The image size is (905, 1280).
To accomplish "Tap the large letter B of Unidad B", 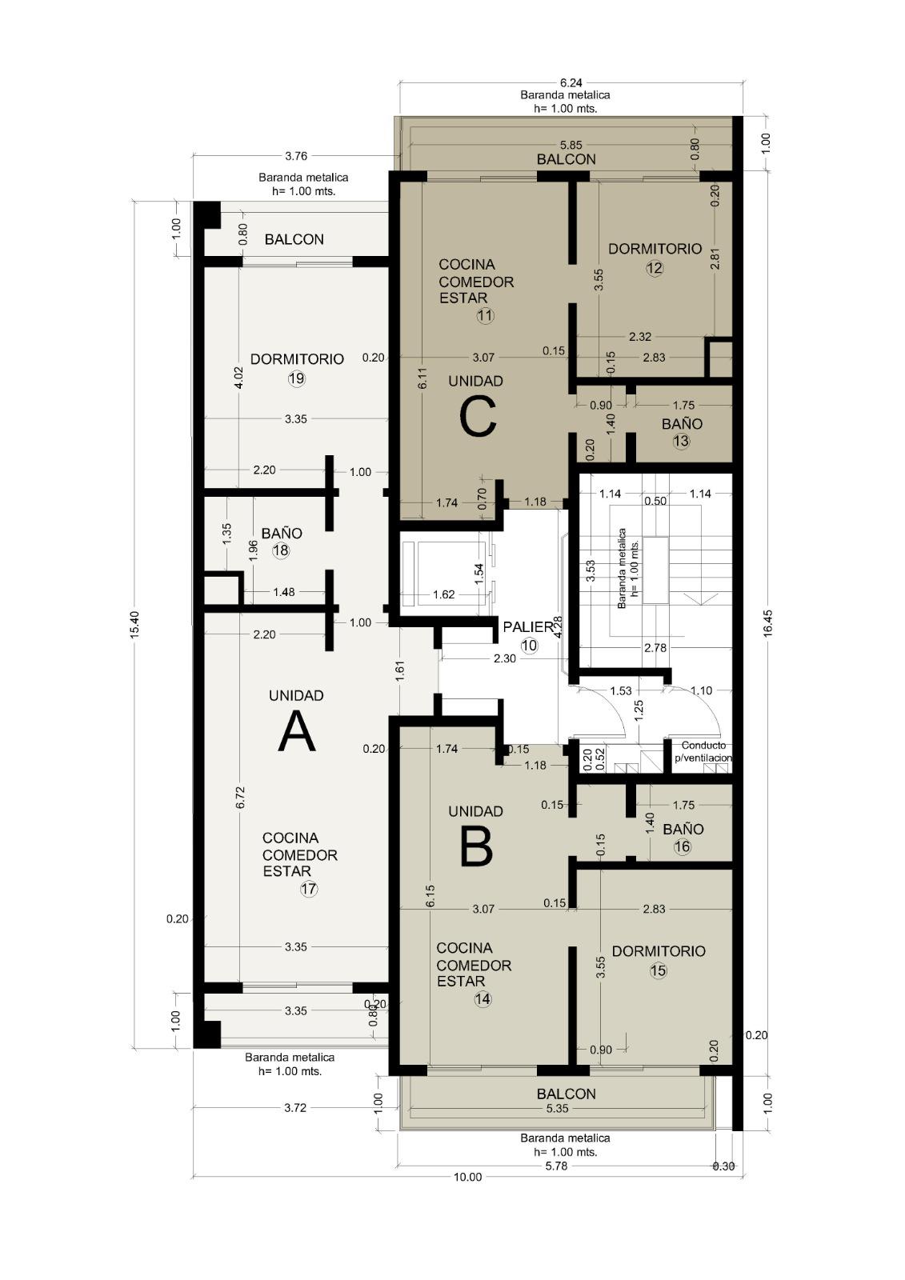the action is [x=475, y=847].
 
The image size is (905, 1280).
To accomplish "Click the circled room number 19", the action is [x=296, y=378].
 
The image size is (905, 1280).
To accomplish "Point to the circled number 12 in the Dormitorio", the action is [x=655, y=268].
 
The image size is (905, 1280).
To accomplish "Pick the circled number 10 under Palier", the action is [x=530, y=646].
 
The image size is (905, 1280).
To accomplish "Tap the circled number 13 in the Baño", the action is [x=682, y=441].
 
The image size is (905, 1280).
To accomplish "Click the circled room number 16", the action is [x=682, y=846].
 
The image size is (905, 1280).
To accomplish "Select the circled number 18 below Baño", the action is [x=281, y=550].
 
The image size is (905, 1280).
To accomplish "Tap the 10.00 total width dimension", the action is [x=467, y=1177].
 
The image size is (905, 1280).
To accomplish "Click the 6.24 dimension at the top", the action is [x=571, y=83].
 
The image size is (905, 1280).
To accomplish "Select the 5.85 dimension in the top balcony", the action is [x=571, y=145].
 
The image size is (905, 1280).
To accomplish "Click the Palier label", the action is [x=529, y=627].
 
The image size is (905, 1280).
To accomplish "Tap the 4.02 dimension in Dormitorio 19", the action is [x=239, y=377].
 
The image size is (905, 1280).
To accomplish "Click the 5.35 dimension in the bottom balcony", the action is [x=558, y=1109].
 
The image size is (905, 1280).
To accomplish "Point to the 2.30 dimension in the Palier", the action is [x=505, y=658].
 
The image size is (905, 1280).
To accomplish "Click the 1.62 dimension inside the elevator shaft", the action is [x=443, y=594].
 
